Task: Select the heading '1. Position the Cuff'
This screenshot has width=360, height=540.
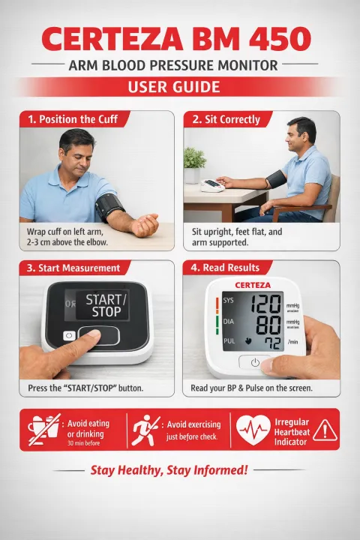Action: (73, 119)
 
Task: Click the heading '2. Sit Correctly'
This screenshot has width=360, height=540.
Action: (226, 119)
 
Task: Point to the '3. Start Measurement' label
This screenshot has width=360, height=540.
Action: (73, 268)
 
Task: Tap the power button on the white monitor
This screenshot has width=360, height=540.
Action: (255, 361)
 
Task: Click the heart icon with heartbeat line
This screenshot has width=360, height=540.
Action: (253, 430)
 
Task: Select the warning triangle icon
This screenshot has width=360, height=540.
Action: (324, 430)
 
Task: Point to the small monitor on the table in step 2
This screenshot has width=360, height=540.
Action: (212, 184)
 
